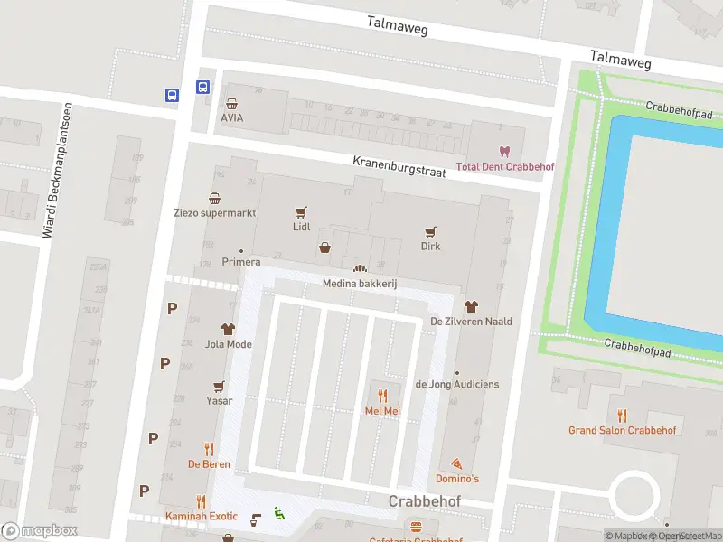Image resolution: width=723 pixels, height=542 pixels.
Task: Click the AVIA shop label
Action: click(232, 117)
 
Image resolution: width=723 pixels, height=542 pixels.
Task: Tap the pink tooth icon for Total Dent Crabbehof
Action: click(504, 152)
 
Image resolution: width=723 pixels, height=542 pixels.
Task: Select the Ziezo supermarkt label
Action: click(215, 213)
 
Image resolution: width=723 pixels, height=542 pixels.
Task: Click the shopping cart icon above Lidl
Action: click(301, 212)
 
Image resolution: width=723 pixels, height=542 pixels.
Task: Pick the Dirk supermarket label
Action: click(430, 246)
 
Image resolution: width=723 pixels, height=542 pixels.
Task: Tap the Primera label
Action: click(241, 263)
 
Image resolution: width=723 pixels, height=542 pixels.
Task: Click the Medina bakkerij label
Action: click(361, 284)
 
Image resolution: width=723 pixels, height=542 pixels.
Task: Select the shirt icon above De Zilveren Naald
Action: click(470, 306)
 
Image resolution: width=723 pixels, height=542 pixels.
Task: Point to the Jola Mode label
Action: click(228, 344)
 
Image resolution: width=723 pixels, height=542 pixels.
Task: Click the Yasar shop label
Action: click(219, 401)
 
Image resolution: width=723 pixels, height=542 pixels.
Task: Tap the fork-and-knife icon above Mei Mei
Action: click(382, 396)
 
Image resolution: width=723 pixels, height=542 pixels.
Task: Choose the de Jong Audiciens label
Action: click(456, 384)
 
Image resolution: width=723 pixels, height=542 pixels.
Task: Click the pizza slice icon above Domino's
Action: click(456, 462)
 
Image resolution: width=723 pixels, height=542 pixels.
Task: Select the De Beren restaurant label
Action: click(209, 464)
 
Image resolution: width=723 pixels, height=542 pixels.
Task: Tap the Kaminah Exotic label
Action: click(201, 516)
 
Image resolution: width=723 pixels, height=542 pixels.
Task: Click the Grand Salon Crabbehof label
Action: click(622, 430)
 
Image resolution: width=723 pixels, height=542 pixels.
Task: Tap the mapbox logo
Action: click(40, 531)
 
